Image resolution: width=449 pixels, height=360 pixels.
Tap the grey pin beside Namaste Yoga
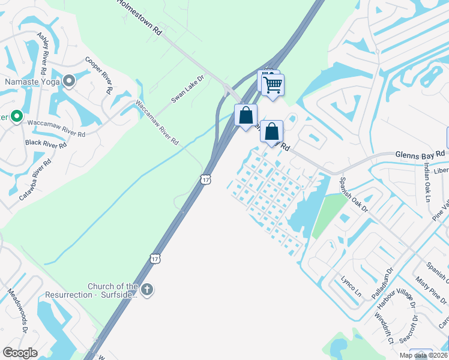70,80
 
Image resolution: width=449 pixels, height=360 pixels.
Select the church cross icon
147,290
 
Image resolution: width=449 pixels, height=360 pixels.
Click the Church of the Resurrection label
113,290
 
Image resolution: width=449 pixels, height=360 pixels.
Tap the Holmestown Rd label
140,16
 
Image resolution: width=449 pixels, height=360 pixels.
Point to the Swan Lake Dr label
188,88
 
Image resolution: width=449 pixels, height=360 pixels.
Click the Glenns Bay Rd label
420,154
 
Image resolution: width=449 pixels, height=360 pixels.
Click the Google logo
20,353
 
